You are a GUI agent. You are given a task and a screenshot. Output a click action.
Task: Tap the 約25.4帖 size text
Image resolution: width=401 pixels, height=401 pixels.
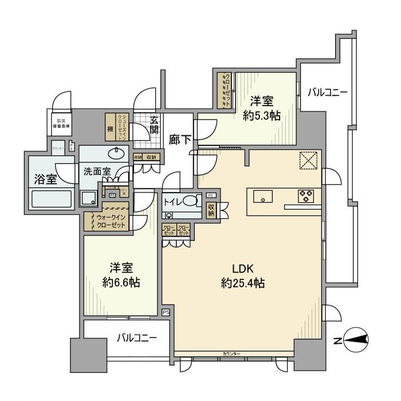(242, 282)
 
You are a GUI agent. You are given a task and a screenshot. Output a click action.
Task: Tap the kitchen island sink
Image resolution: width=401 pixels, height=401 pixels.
(262, 198)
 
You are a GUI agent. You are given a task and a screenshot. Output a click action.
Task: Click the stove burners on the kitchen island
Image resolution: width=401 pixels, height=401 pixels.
(305, 196)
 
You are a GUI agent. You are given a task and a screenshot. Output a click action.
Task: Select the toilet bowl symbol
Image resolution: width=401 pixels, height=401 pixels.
(194, 203)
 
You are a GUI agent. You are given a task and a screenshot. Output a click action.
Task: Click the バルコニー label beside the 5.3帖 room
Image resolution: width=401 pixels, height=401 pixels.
(327, 92)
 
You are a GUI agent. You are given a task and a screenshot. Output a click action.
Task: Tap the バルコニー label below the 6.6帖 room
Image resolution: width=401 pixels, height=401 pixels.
(137, 337)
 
